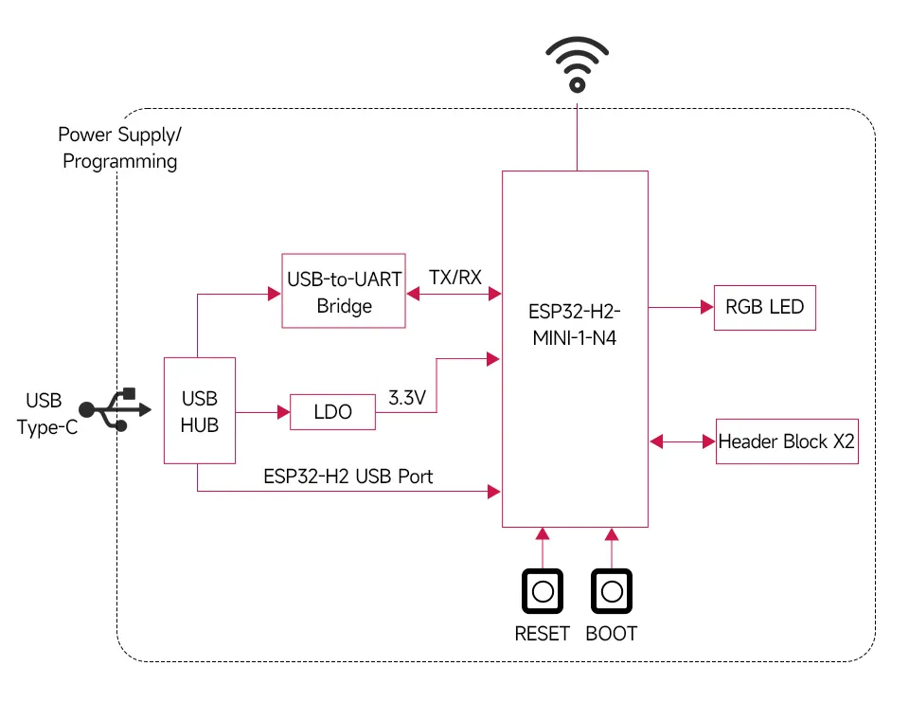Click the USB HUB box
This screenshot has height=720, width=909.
199,411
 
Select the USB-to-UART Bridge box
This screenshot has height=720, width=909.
344,292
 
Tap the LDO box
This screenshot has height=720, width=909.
331,412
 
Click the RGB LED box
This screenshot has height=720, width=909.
764,307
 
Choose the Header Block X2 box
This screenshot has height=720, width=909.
787,441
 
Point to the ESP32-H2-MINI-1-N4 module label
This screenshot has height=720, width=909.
575,323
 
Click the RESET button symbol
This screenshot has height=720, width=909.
543,592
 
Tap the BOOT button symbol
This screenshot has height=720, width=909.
612,592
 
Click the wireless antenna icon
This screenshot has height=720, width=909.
576,64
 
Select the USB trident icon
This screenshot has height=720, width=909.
115,409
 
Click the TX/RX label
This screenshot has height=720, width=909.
454,278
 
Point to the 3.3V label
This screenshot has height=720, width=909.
407,398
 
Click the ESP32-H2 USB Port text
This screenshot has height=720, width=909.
348,476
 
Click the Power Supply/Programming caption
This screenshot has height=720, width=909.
119,148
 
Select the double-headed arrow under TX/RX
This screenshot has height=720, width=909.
454,295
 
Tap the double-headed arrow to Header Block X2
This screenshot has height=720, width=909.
682,441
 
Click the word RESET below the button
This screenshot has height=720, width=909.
542,634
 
